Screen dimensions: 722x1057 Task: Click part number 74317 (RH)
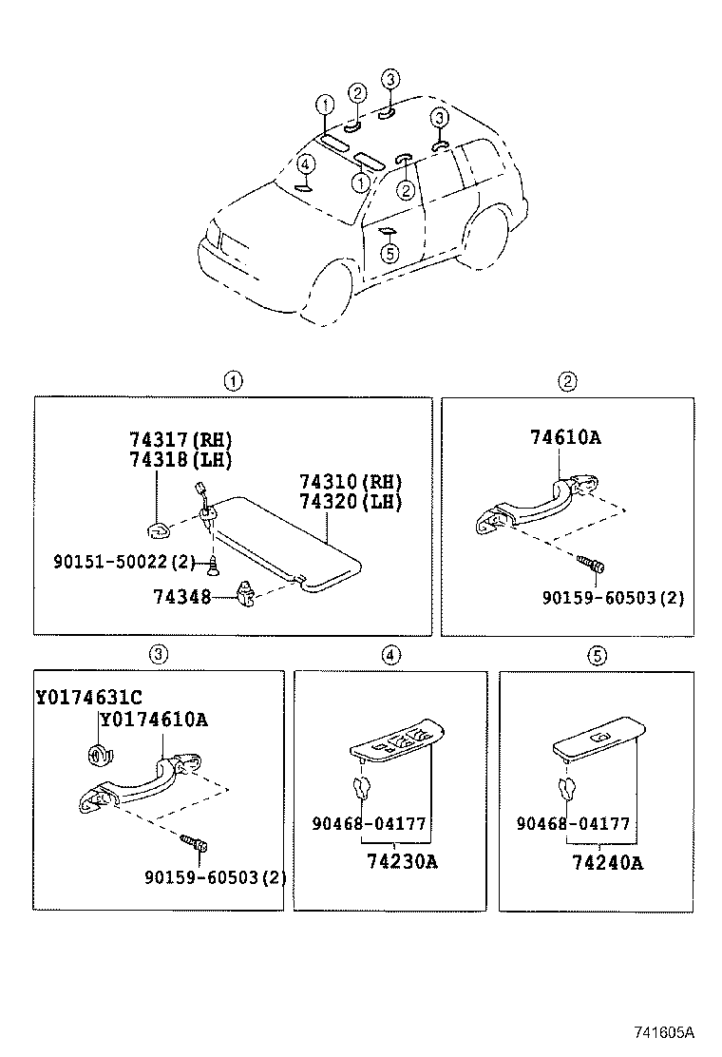[180, 439]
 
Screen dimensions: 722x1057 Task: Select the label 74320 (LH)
[351, 502]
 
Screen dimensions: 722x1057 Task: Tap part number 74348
[181, 597]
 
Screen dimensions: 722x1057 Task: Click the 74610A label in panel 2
[566, 437]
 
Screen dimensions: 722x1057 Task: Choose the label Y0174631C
[89, 697]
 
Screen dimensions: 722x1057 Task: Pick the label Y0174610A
[154, 720]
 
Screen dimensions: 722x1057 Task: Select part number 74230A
[402, 861]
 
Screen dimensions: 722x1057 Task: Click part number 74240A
[607, 862]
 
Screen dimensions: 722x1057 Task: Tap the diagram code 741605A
[664, 1032]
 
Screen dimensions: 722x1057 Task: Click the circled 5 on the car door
[389, 254]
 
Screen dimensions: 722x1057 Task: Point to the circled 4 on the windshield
[305, 163]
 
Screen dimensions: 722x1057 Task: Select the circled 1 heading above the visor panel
[233, 381]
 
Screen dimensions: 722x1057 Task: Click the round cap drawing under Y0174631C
[97, 753]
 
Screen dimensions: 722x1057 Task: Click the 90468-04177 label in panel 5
[573, 823]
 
